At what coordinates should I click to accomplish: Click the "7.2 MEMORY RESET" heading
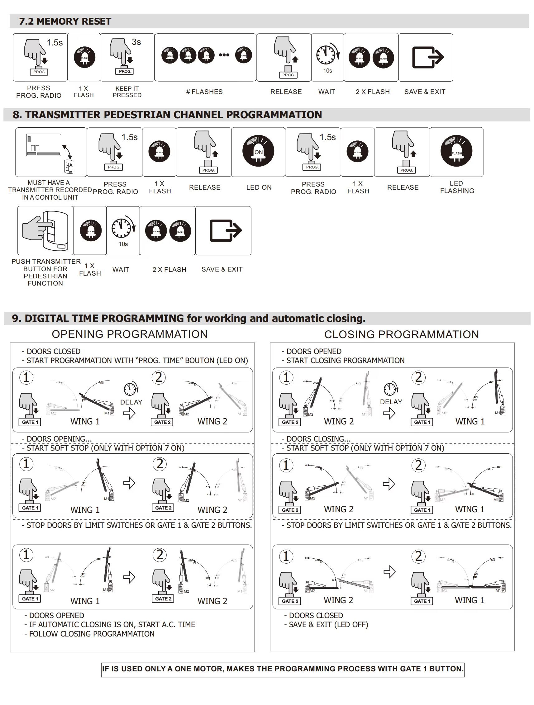click(65, 21)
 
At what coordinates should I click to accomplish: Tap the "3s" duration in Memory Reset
click(136, 42)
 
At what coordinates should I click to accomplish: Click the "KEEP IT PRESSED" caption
click(127, 92)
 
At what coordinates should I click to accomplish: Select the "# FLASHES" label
click(204, 92)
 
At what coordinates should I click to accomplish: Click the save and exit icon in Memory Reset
click(427, 57)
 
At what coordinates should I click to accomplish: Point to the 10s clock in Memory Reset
click(327, 55)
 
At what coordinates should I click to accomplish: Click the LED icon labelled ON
click(258, 151)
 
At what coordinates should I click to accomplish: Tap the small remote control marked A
click(69, 166)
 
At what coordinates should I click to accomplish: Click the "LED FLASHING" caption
click(457, 187)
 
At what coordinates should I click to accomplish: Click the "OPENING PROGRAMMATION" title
click(130, 334)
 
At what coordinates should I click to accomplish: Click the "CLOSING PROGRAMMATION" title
click(401, 334)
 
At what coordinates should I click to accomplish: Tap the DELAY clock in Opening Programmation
click(130, 389)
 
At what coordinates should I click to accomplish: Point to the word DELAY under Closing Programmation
click(391, 402)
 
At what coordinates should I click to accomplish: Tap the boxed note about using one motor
click(283, 669)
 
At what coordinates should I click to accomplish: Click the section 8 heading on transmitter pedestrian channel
click(167, 115)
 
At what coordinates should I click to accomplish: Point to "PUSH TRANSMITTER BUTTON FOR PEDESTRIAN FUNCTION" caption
click(45, 272)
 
